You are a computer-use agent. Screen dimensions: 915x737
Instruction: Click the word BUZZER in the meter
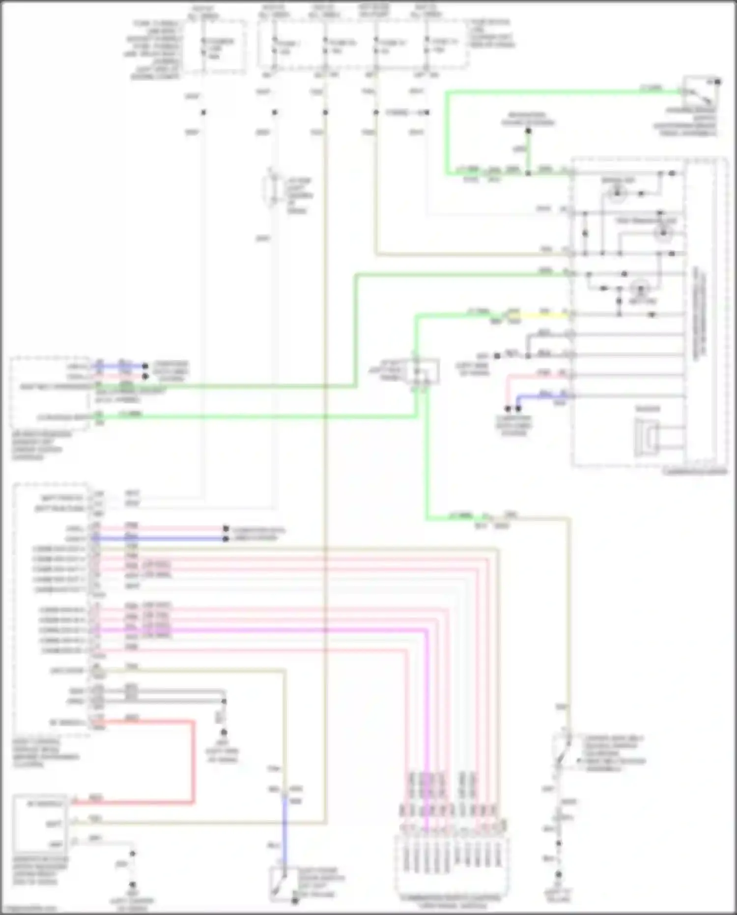click(x=648, y=409)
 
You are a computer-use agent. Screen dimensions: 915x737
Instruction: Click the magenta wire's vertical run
click(x=426, y=713)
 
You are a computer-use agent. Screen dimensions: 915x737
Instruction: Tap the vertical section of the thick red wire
click(x=193, y=762)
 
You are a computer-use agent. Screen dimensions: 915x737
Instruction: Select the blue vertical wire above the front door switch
click(x=284, y=831)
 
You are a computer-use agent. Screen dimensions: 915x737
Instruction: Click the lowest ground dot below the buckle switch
click(x=559, y=875)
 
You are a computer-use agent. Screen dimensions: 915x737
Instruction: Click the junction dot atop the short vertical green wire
click(x=528, y=131)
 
